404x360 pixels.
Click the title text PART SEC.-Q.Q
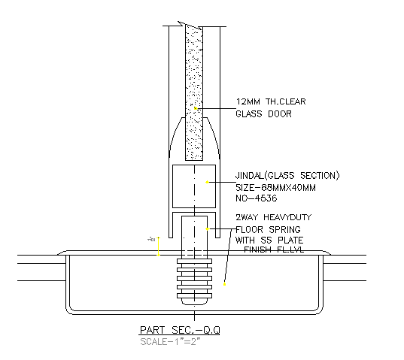click(x=179, y=330)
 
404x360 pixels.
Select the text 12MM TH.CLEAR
click(x=271, y=101)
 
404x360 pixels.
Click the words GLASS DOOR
click(x=263, y=114)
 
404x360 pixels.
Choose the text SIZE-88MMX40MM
click(x=276, y=188)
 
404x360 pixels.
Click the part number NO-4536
click(x=257, y=199)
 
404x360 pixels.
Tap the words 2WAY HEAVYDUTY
click(x=273, y=217)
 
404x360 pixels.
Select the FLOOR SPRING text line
click(x=268, y=228)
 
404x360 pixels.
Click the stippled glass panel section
click(x=196, y=90)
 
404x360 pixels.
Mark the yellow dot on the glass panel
click(x=196, y=109)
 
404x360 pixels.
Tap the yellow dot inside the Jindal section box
click(x=208, y=182)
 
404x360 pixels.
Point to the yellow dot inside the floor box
click(x=224, y=284)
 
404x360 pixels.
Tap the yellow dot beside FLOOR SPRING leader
click(x=208, y=228)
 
